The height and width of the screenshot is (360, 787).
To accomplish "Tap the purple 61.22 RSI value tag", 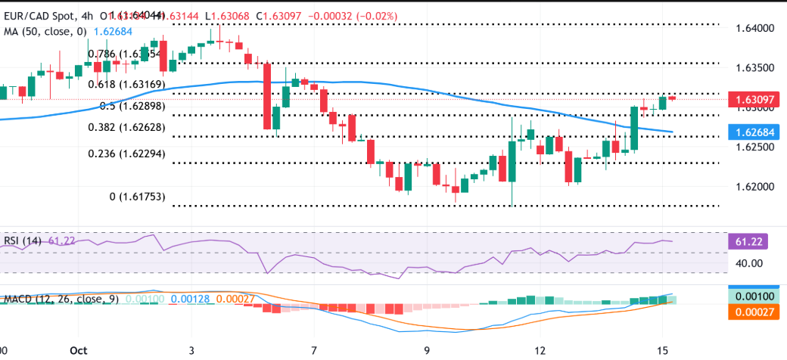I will tap(750, 242).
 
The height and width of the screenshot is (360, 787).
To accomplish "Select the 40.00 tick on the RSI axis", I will tap(749, 263).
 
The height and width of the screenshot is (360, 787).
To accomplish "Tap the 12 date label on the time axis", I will tap(540, 351).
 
